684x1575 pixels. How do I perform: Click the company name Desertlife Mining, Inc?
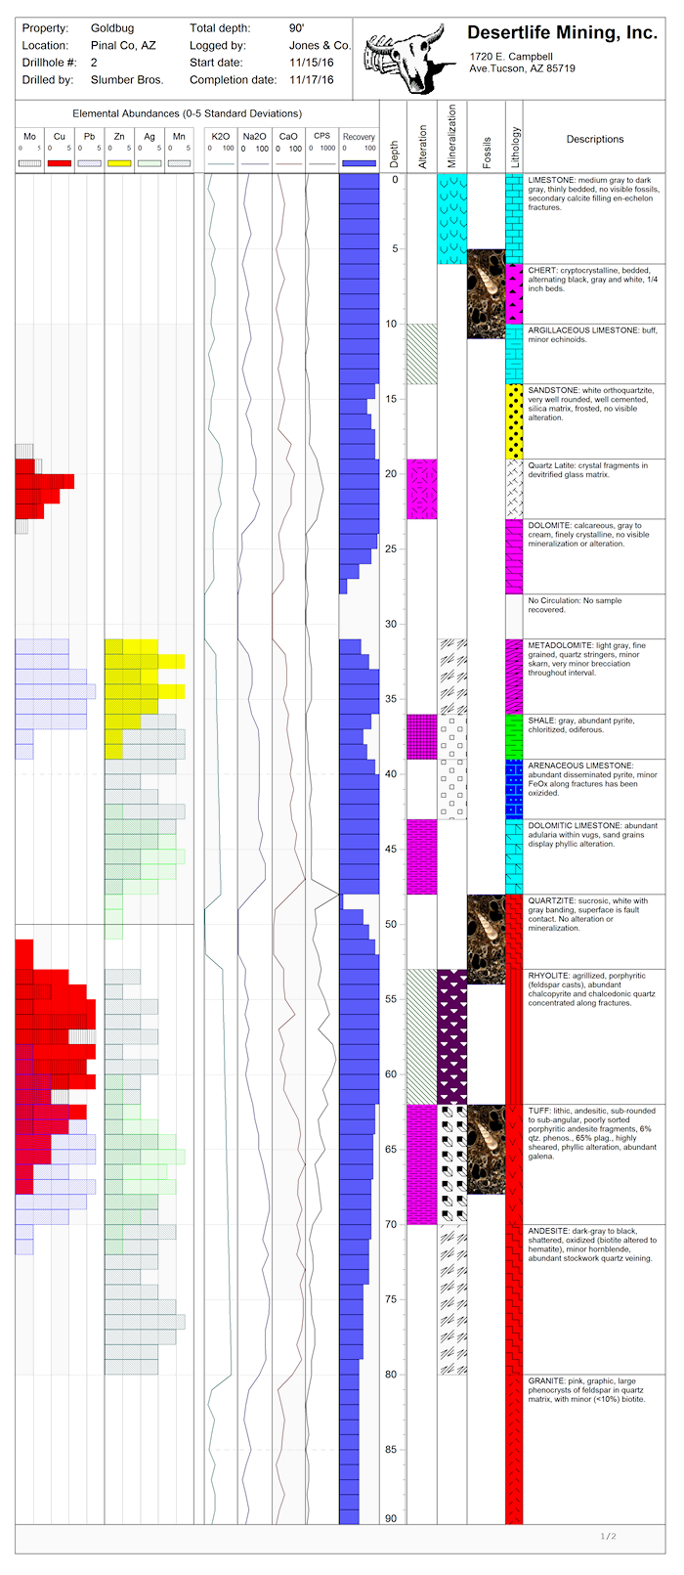point(562,33)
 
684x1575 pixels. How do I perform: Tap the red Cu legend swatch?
point(60,163)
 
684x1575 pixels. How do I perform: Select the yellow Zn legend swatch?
point(119,163)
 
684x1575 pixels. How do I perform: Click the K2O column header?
point(221,137)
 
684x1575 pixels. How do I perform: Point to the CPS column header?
point(321,137)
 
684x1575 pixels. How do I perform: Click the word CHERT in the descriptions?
point(542,271)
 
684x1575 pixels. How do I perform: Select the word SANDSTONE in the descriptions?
point(551,390)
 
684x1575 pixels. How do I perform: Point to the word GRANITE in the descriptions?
point(547,1381)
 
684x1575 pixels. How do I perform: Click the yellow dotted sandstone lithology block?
point(514,420)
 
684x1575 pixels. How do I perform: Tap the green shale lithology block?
point(514,736)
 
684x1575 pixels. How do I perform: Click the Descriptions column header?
point(594,139)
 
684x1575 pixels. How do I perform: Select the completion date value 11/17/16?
point(311,80)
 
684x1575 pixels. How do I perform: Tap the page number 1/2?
point(608,1536)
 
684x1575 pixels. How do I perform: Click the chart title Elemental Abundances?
point(187,113)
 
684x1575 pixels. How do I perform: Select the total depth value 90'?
point(296,28)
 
